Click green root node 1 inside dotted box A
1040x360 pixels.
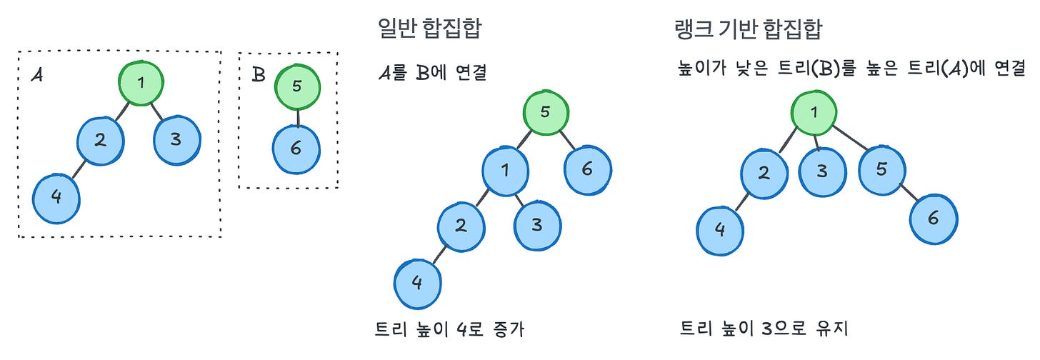(x=141, y=83)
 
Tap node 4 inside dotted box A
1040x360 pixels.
(x=56, y=196)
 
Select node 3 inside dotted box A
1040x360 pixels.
(x=176, y=139)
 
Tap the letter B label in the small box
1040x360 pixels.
(x=259, y=74)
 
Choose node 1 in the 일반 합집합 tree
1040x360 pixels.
(x=505, y=171)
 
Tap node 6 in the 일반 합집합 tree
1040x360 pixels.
(x=588, y=169)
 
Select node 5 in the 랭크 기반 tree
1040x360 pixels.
(x=881, y=169)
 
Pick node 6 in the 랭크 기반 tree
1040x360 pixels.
(x=933, y=219)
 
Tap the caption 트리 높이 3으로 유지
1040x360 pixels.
(x=764, y=330)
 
